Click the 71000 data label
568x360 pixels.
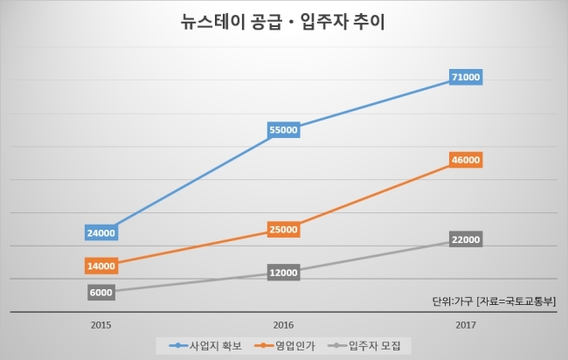pos(466,77)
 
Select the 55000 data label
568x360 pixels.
pos(284,129)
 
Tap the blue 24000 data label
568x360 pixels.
pos(101,233)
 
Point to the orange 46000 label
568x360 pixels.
pos(466,160)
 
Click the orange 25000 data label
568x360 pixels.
pos(284,229)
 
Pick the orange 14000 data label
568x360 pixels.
pos(101,266)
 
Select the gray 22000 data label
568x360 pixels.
pos(466,239)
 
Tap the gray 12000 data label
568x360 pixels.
pos(284,273)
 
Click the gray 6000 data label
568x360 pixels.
pos(101,292)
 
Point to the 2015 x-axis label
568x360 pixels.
pos(101,325)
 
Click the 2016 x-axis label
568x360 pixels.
pos(283,325)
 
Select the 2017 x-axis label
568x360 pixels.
pos(466,325)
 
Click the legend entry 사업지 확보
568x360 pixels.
pos(205,345)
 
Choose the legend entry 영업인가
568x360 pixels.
pos(285,345)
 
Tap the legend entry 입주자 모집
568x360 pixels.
pos(364,345)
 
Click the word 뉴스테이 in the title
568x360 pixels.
pos(211,22)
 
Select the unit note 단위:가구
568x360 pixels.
pos(453,301)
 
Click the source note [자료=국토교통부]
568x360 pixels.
pos(516,301)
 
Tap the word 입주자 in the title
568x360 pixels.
pos(322,22)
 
